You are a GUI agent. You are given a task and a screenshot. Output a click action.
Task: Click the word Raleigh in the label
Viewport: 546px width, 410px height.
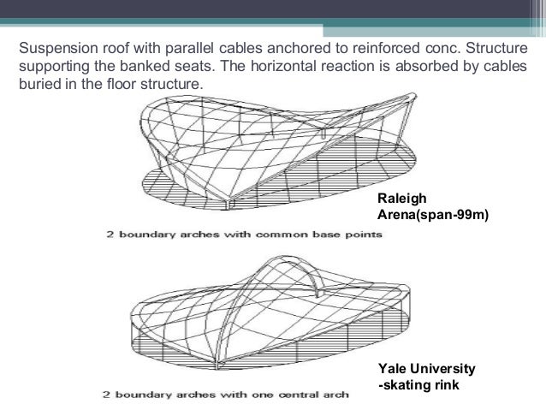pos(401,198)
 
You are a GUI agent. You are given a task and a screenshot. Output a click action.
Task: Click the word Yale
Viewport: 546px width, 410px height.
pos(394,368)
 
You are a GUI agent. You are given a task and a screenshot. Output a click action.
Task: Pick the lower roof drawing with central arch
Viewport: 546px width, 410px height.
pos(248,317)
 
